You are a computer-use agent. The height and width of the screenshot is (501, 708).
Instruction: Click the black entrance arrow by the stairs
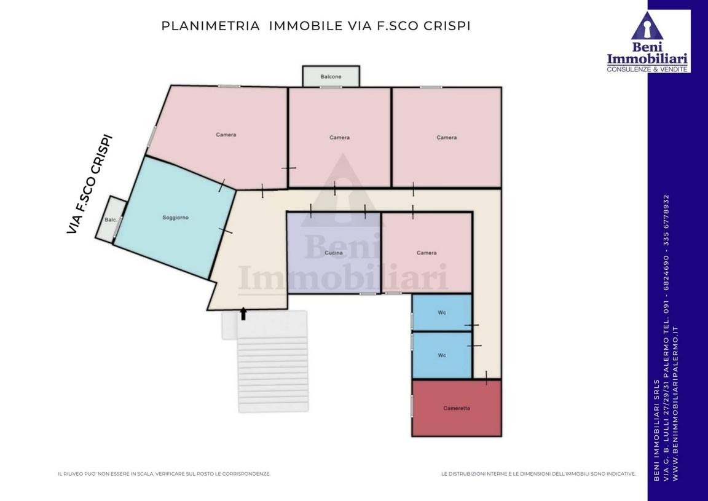click(243, 314)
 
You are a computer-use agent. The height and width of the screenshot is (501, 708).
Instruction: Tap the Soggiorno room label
click(176, 218)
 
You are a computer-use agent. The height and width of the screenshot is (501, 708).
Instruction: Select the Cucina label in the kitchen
click(334, 253)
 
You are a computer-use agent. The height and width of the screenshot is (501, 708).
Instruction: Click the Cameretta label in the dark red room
click(457, 408)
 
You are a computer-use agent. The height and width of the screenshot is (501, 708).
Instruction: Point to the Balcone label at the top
click(331, 77)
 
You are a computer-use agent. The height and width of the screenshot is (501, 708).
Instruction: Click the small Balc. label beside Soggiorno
click(111, 220)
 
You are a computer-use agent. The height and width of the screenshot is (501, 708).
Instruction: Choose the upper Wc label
click(442, 313)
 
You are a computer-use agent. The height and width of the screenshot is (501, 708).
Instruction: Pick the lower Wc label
click(442, 355)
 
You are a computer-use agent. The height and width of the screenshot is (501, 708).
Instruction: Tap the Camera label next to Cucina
click(427, 253)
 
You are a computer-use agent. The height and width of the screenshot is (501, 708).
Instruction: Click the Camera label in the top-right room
click(447, 137)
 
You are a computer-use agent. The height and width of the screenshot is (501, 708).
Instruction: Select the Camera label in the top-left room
click(226, 135)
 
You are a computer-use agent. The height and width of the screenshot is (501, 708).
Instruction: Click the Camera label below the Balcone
click(339, 137)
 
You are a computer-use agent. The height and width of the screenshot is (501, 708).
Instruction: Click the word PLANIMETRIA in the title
click(210, 26)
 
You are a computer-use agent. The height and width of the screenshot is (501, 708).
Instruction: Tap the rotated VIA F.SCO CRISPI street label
click(89, 184)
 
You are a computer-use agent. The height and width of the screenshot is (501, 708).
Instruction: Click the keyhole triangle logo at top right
click(647, 26)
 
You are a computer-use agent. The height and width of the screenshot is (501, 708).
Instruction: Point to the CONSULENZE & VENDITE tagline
click(647, 69)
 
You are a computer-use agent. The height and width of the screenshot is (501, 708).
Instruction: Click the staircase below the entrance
click(273, 361)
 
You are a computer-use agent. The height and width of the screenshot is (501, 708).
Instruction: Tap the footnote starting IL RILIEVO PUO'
click(164, 474)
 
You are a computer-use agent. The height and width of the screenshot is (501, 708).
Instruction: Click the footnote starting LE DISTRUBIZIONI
click(538, 474)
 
